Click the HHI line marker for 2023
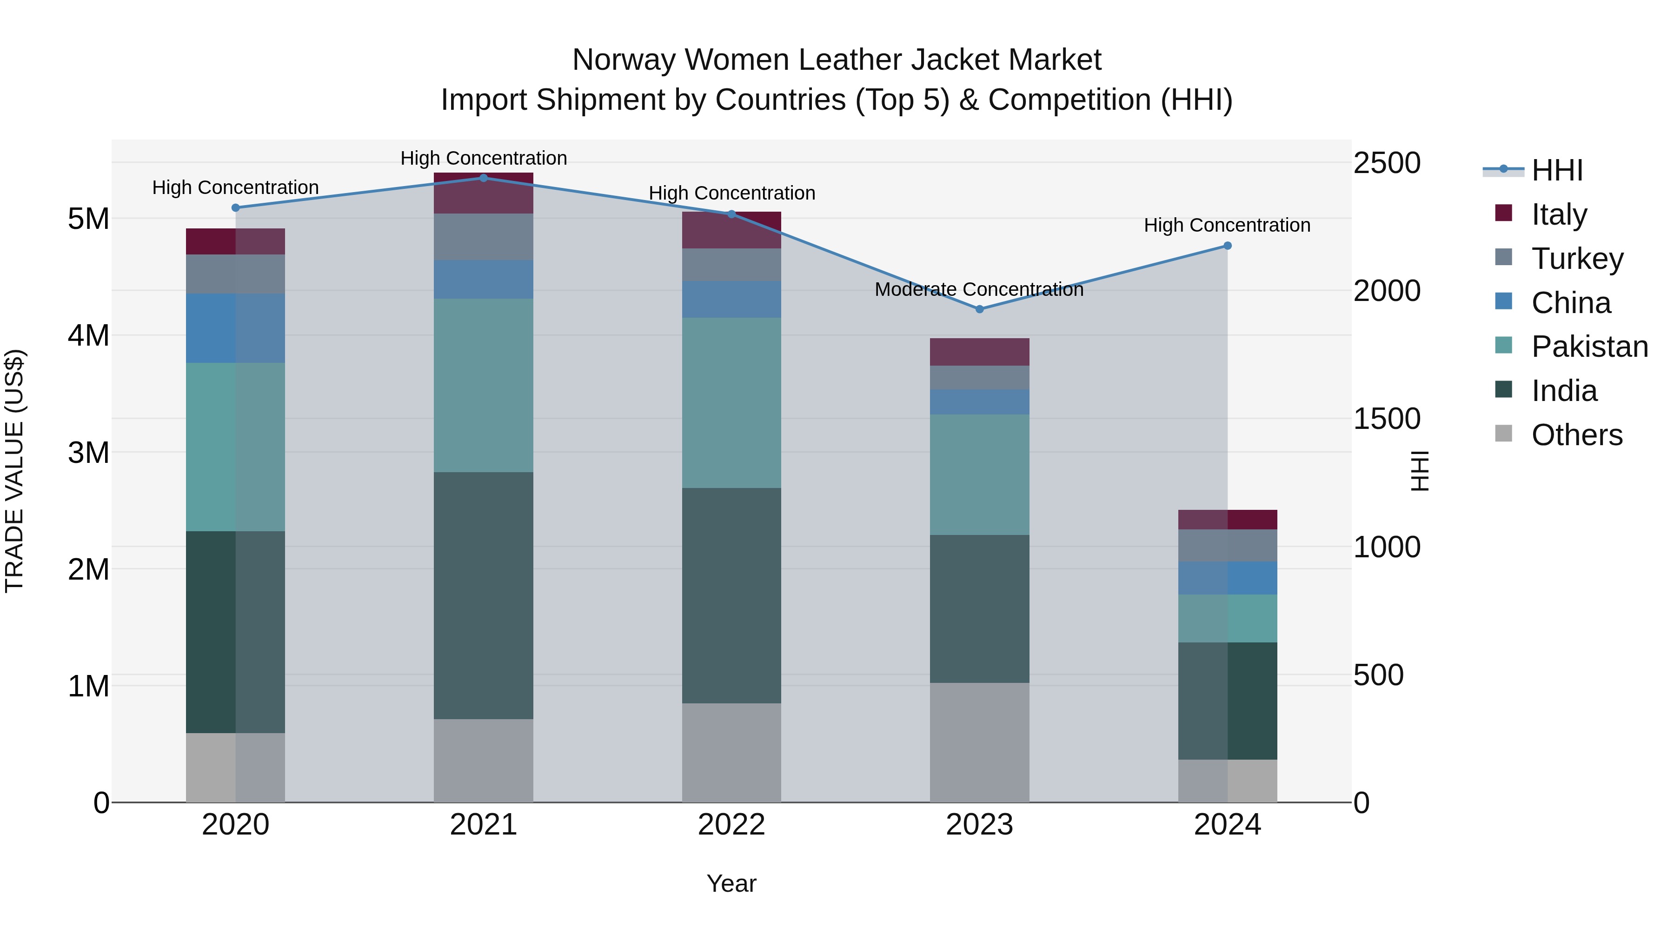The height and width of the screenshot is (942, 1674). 979,309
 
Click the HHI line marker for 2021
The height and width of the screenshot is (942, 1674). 484,178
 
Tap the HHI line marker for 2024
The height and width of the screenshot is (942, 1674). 1228,246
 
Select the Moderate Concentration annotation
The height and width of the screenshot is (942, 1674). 979,289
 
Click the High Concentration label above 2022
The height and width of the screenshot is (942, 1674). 732,193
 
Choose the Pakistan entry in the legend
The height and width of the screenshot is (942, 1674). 1589,347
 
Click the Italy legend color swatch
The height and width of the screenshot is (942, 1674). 1504,213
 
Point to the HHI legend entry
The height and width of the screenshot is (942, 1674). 1557,170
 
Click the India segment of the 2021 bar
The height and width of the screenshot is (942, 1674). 484,595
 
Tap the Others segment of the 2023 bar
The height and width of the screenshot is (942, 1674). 979,742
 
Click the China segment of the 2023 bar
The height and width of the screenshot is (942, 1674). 979,402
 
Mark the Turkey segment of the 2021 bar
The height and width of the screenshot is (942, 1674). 484,237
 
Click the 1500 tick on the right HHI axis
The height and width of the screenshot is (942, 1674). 1386,419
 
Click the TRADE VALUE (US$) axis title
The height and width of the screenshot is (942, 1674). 14,471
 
